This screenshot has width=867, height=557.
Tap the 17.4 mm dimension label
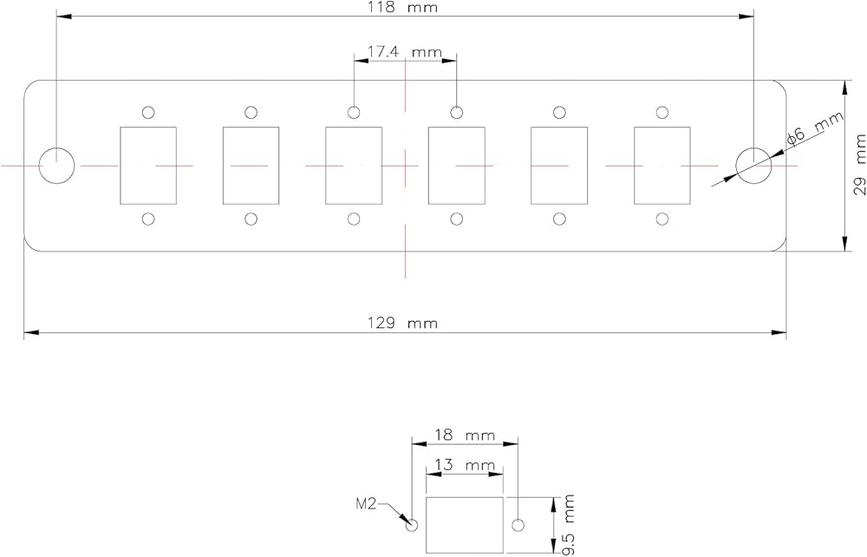(x=404, y=52)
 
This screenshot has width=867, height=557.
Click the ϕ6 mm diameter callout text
(x=813, y=131)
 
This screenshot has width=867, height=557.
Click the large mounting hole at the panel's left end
(x=57, y=165)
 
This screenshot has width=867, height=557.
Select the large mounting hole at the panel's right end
(x=752, y=165)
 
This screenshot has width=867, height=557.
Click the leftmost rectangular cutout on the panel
(x=147, y=165)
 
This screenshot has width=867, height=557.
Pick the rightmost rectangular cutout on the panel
(x=662, y=165)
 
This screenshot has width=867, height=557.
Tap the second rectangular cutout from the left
(x=251, y=165)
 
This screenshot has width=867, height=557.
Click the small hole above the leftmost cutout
(x=148, y=112)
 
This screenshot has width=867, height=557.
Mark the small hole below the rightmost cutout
(x=662, y=219)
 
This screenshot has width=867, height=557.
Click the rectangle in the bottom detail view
(x=465, y=525)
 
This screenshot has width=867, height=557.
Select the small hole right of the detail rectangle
(x=518, y=525)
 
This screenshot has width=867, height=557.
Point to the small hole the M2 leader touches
(x=412, y=525)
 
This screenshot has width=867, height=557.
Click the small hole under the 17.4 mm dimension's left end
(x=354, y=112)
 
